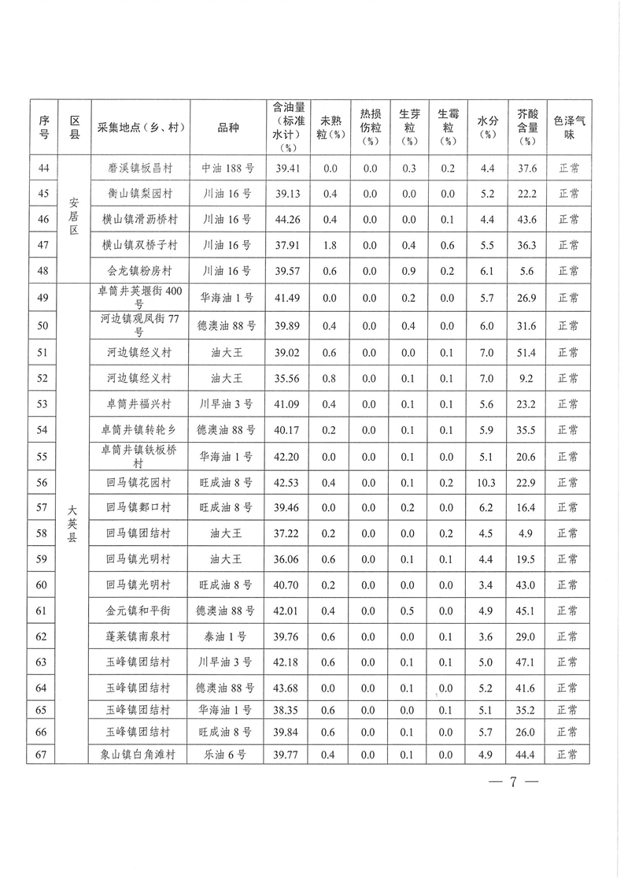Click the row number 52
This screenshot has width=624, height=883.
43,378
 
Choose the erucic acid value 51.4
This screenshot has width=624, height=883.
527,352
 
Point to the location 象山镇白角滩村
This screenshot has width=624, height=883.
139,755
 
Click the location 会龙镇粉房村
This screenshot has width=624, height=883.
139,271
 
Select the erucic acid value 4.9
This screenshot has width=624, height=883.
527,533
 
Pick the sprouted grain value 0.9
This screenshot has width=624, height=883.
408,271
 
